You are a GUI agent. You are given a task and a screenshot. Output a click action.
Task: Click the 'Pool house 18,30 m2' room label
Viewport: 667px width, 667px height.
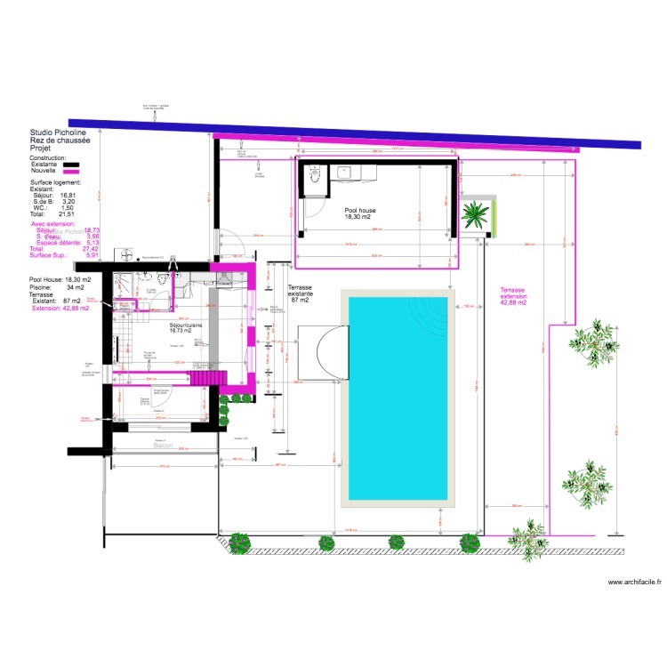[x=360, y=213]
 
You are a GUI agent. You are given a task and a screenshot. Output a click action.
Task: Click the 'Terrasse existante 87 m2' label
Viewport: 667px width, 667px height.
[x=300, y=294]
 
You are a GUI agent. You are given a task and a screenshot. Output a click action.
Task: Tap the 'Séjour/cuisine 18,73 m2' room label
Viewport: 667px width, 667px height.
[x=186, y=326]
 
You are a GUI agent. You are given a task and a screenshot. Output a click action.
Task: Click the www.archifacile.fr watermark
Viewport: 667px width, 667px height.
[x=634, y=582]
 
